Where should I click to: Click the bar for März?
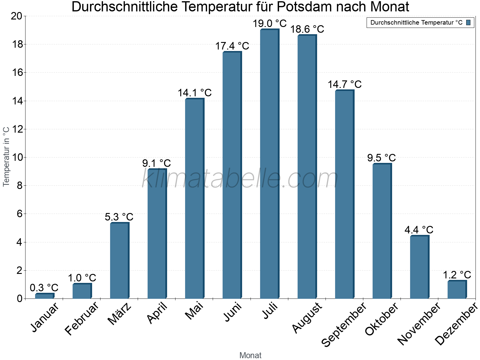pos(119,261)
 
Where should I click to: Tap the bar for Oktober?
pos(382,231)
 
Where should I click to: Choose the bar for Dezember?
pos(457,289)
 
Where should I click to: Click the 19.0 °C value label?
pos(269,23)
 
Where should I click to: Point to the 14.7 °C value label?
pos(344,84)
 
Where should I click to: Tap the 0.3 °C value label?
pos(44,288)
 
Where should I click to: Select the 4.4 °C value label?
pos(419,230)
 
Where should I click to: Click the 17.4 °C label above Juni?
pos(232,46)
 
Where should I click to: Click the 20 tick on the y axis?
pos(16,16)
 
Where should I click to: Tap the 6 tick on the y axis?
pos(19,214)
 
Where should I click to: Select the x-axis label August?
pos(307,318)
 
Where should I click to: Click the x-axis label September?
pos(343,324)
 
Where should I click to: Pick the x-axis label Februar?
pos(81,318)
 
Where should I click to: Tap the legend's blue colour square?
pos(468,22)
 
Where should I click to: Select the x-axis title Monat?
pos(250,355)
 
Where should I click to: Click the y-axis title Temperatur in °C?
pos(6,156)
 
